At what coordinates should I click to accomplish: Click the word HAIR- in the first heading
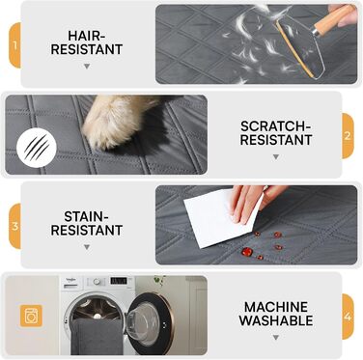click(x=87, y=35)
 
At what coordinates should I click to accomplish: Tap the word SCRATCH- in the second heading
click(x=276, y=126)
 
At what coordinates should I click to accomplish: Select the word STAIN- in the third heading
click(x=86, y=216)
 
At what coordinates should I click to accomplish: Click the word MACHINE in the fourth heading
click(x=276, y=307)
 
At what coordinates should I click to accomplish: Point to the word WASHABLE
click(x=276, y=320)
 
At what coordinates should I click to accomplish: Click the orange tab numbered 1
click(x=14, y=45)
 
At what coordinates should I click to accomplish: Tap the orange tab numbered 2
click(x=348, y=136)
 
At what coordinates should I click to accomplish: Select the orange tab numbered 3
click(x=14, y=226)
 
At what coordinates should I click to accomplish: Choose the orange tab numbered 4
click(x=348, y=317)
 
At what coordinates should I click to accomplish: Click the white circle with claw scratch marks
click(x=37, y=148)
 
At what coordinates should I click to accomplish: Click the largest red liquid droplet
click(x=247, y=252)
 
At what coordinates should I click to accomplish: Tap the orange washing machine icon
click(x=31, y=316)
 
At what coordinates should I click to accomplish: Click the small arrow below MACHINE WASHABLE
click(x=276, y=338)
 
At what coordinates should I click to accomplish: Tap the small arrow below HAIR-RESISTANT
click(x=87, y=67)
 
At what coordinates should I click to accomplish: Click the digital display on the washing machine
click(x=119, y=281)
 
